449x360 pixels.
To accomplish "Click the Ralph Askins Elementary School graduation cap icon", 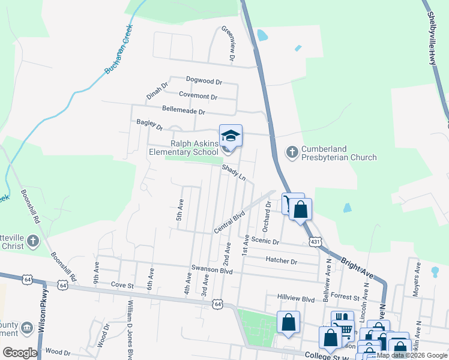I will [x=231, y=135].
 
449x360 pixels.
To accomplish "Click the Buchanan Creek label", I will [x=118, y=53].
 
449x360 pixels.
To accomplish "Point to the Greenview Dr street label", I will [x=228, y=43].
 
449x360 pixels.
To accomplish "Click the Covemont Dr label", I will [x=198, y=96].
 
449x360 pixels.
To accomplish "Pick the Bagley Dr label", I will [x=149, y=124].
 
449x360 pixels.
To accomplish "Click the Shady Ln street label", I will [x=234, y=173].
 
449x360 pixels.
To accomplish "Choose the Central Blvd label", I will [x=231, y=221].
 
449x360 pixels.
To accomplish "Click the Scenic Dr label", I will [x=267, y=242].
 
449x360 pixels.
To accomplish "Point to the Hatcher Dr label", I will [x=281, y=262].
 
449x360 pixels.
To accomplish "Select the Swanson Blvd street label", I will [x=211, y=269].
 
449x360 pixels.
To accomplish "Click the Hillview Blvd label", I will [x=296, y=298].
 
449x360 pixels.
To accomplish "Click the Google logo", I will [x=20, y=353].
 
